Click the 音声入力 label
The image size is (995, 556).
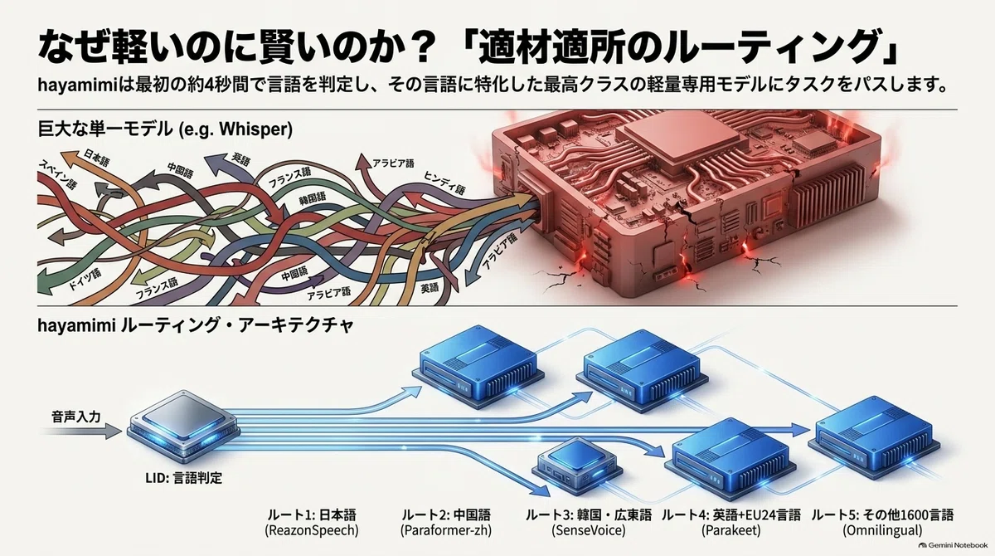point(76,417)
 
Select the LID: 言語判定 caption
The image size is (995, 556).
point(183,478)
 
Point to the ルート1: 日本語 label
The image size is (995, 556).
point(312,515)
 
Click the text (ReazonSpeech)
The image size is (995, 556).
point(312,530)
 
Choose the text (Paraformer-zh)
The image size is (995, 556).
point(446,530)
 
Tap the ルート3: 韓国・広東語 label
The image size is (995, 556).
point(589,515)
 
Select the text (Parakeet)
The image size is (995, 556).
point(730,530)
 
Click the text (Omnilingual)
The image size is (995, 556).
point(882,530)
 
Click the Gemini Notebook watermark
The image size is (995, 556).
point(953,545)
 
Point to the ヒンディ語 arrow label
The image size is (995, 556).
point(444,183)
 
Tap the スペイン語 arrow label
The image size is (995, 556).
point(58,174)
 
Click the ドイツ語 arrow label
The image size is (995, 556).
point(85,279)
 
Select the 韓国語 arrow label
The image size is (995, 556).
point(313,198)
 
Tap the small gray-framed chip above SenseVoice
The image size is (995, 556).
point(576,463)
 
